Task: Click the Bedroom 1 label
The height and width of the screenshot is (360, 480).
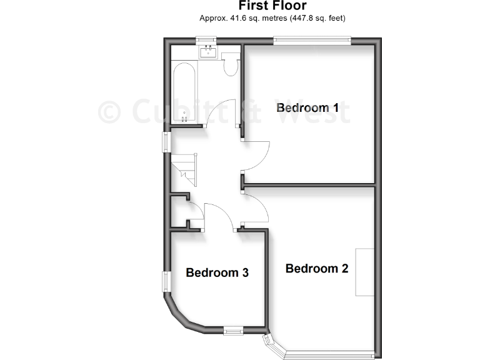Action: (x=307, y=107)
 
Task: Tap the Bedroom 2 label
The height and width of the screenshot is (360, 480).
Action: (x=317, y=269)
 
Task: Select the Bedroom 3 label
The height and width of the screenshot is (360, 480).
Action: (x=217, y=272)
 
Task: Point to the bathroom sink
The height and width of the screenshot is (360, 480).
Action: (x=207, y=53)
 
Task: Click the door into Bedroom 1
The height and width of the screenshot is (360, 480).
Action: (x=256, y=154)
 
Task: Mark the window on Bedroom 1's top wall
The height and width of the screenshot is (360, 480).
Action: (x=311, y=41)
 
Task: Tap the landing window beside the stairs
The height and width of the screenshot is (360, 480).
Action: (x=166, y=141)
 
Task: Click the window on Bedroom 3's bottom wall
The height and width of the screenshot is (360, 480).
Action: (x=234, y=329)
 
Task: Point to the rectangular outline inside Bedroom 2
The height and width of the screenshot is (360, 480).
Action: (x=365, y=272)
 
